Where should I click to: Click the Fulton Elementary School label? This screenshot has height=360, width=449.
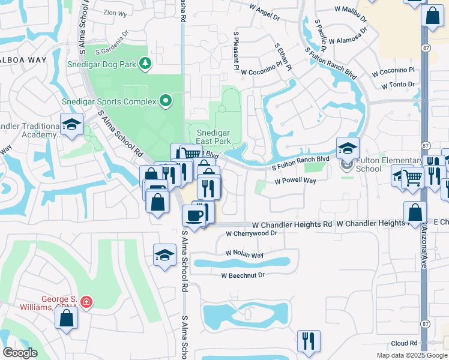tap(389, 164)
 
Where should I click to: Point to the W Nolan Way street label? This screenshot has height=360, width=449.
tap(244, 255)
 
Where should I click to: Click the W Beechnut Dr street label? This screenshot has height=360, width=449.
tap(243, 275)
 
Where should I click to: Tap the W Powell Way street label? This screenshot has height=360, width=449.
tap(295, 181)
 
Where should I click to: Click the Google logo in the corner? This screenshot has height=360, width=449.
tap(20, 353)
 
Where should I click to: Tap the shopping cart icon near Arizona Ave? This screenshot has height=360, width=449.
tap(412, 177)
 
